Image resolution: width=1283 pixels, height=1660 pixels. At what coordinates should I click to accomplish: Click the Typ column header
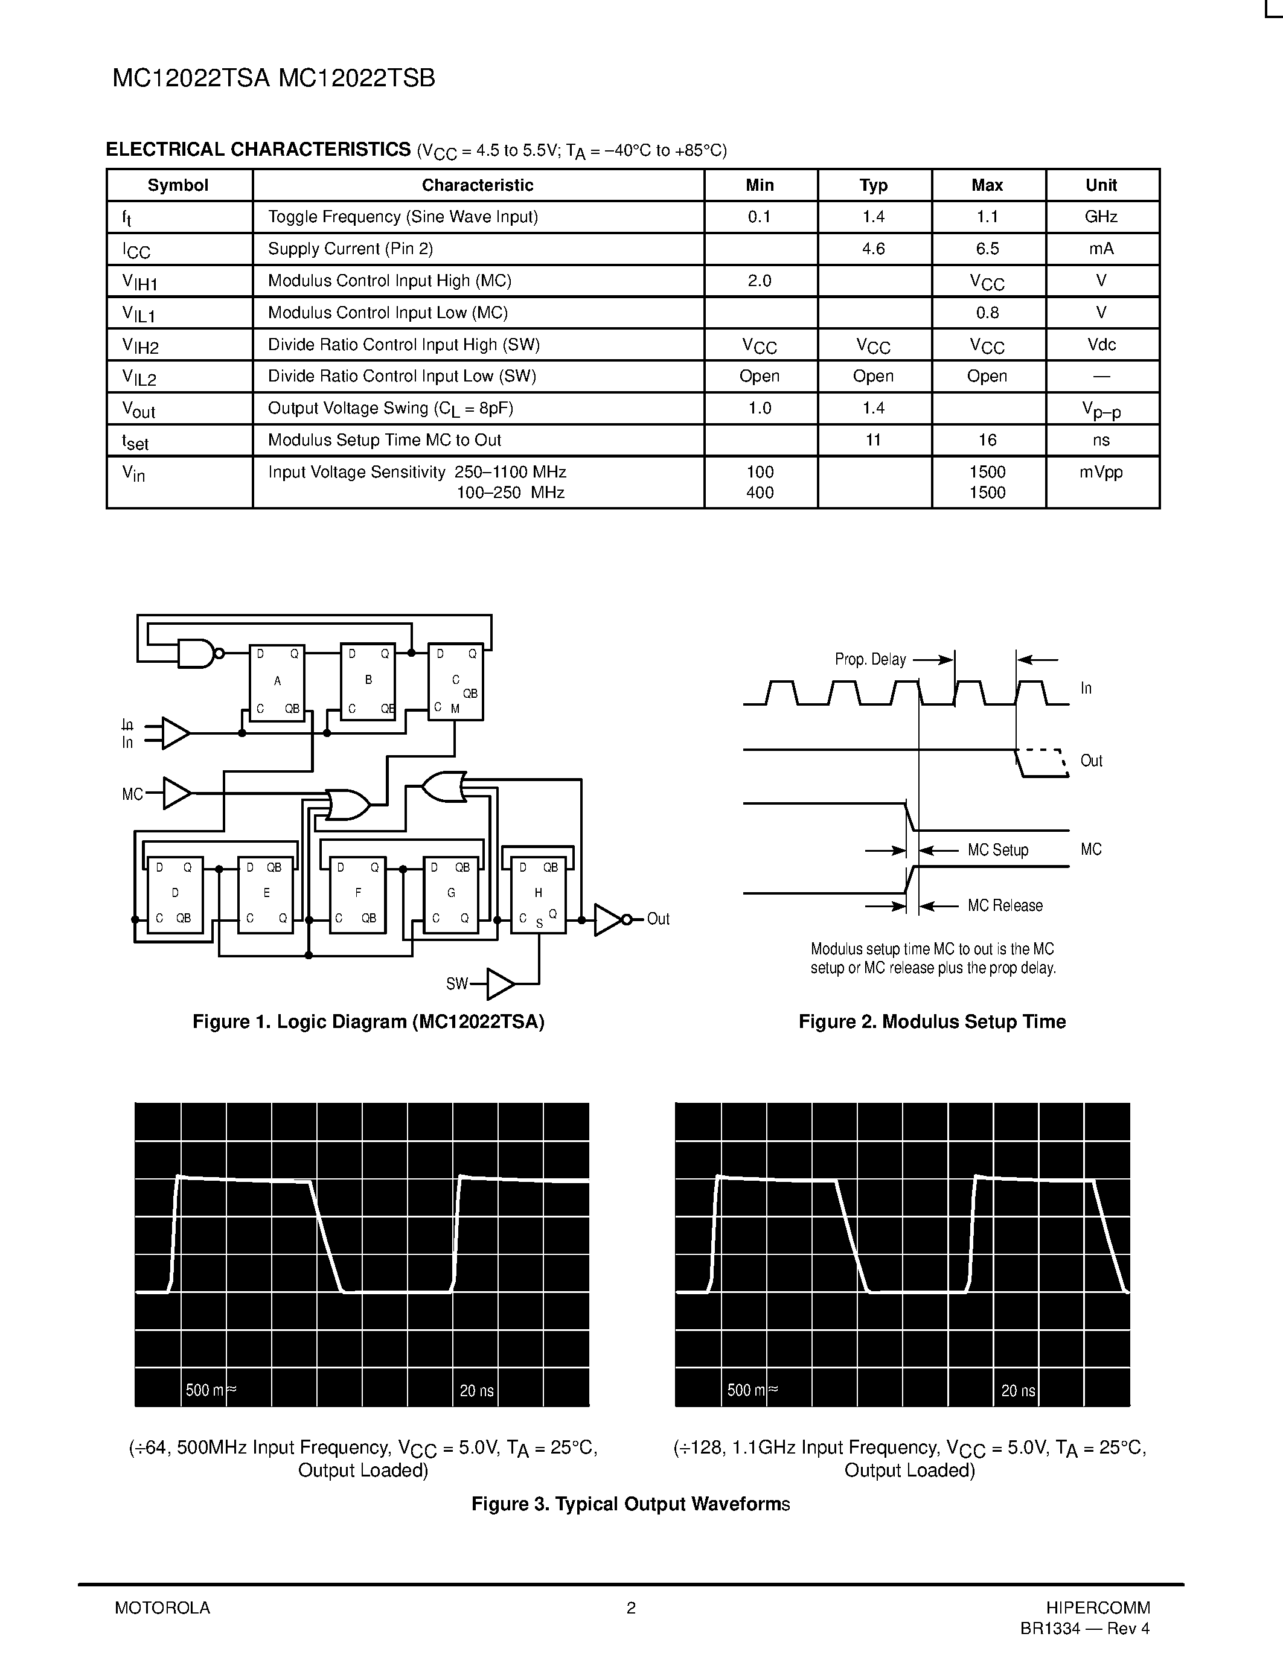873,185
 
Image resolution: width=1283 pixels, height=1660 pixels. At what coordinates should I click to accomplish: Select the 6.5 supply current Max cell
987,249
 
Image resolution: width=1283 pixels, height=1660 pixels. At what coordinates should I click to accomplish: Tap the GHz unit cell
1101,217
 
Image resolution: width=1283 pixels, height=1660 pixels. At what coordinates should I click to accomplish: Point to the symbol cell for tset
135,441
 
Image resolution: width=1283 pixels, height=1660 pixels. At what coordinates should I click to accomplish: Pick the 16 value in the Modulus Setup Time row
987,440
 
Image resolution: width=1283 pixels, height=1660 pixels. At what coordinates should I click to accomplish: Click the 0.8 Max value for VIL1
987,313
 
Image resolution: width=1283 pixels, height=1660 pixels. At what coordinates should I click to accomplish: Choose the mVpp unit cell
1101,472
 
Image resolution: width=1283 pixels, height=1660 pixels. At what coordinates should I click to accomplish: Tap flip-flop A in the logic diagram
277,682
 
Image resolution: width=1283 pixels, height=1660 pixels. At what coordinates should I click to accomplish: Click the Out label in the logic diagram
657,919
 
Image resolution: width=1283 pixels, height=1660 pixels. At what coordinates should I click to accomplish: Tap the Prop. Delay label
870,659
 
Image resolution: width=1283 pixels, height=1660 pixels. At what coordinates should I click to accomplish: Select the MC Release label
1005,905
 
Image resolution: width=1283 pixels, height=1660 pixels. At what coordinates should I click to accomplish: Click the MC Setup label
997,850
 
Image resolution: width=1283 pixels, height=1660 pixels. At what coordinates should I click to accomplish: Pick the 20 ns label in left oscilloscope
476,1391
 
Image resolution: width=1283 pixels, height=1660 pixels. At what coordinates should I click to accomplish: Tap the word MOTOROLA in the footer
162,1607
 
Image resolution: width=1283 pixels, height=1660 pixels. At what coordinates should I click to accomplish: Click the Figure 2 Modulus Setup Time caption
932,1021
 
